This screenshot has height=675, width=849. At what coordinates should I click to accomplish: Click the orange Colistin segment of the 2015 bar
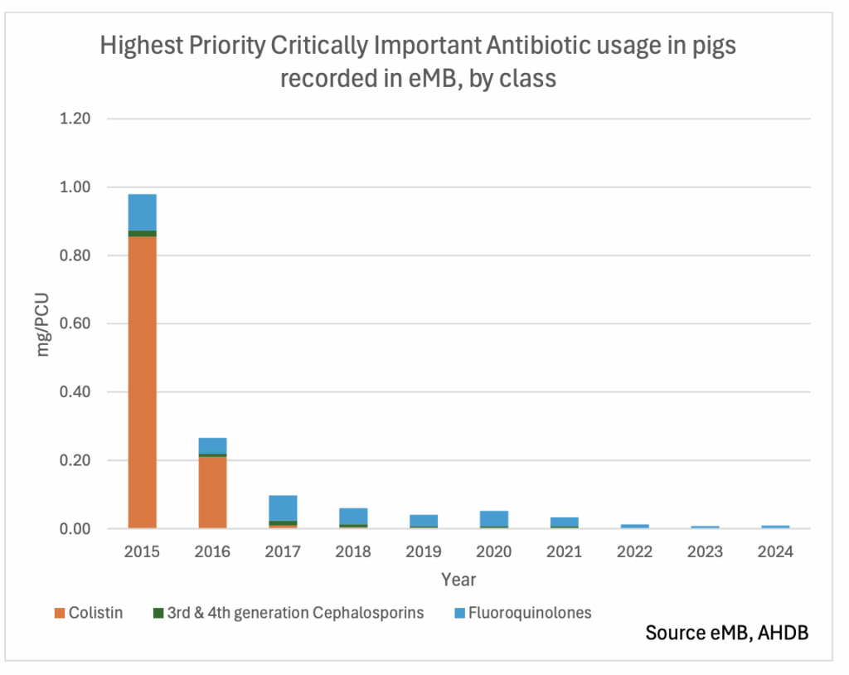143,381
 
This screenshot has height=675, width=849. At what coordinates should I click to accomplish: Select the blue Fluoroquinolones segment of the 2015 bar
143,212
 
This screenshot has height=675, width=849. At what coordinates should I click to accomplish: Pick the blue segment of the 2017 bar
284,506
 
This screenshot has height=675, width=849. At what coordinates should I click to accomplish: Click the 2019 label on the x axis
424,551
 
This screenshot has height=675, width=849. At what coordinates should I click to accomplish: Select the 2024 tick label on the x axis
776,551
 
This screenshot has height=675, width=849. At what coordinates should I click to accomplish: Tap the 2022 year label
635,551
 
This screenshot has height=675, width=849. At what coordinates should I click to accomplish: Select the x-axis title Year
458,579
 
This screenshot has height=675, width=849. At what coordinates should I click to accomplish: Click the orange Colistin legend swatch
59,614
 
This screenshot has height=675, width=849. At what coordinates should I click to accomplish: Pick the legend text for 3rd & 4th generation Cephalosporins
295,614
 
